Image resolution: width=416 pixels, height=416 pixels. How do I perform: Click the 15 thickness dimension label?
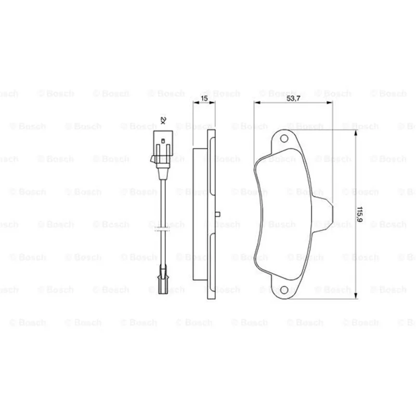(x=204, y=98)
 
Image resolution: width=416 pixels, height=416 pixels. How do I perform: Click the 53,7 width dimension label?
(x=293, y=98)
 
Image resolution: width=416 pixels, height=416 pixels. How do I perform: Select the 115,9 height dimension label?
(x=360, y=214)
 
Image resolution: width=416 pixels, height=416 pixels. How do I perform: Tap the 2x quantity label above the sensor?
(x=163, y=121)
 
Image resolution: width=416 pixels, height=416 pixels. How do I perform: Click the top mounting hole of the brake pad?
(x=284, y=138)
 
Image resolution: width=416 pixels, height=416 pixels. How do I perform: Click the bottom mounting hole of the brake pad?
(x=284, y=290)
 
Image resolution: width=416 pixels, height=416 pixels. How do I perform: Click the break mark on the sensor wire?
(x=162, y=228)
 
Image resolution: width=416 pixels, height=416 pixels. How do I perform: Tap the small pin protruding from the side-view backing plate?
(x=217, y=214)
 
